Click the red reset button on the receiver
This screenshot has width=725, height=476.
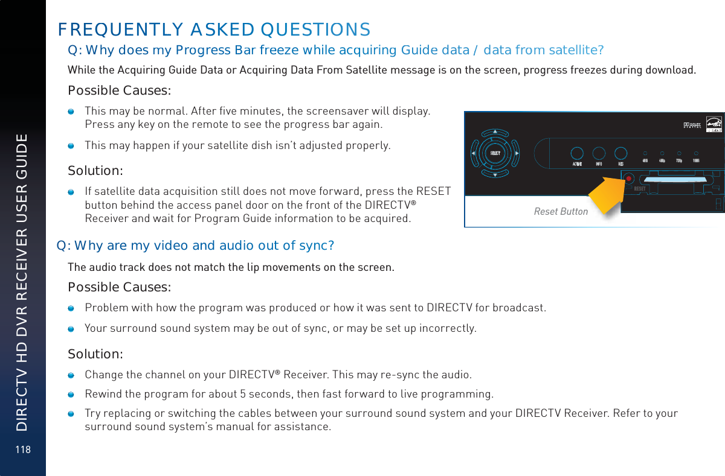[628, 179]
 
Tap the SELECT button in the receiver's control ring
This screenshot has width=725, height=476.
[495, 153]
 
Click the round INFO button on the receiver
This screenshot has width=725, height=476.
[599, 154]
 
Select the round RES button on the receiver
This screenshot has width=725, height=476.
[620, 154]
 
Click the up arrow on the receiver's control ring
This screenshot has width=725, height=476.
[495, 132]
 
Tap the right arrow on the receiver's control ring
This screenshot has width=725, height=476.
[517, 153]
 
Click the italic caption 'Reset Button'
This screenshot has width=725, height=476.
[561, 211]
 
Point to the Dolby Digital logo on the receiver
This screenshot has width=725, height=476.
[695, 125]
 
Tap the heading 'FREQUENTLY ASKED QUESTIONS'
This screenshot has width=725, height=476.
[214, 29]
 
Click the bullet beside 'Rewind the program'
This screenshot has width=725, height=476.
[71, 395]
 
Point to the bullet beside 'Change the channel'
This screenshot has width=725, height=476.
[71, 375]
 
